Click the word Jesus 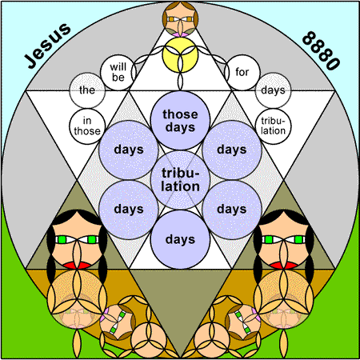[x=47, y=46]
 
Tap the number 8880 [x=322, y=50]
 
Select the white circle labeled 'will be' [x=118, y=72]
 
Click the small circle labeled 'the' [x=87, y=90]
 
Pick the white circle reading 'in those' [x=87, y=126]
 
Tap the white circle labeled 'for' [x=242, y=72]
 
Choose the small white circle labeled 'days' [x=273, y=90]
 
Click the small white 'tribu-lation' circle [x=273, y=126]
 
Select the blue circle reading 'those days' [x=180, y=120]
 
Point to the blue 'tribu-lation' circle [x=180, y=180]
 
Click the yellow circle [x=180, y=55]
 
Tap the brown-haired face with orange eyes [x=180, y=18]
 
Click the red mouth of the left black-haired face [x=77, y=265]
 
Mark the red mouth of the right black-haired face [x=283, y=265]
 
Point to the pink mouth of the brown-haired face [x=180, y=34]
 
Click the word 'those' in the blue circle [x=180, y=114]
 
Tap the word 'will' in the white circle [x=118, y=66]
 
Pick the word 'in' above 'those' [x=87, y=121]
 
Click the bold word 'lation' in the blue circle [x=180, y=186]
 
